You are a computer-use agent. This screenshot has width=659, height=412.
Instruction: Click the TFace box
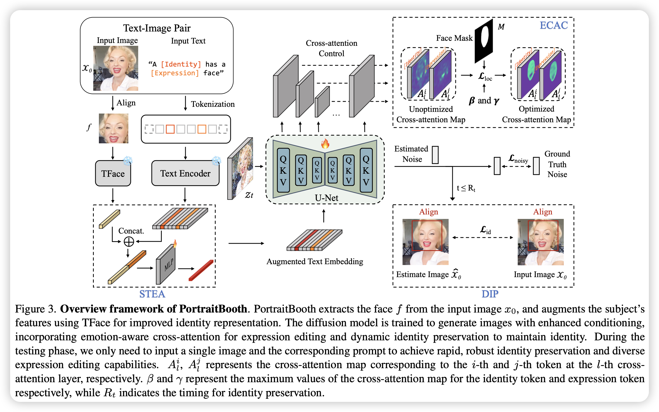(113, 173)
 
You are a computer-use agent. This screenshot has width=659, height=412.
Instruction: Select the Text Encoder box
(185, 173)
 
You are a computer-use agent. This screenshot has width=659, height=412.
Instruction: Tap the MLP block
(166, 264)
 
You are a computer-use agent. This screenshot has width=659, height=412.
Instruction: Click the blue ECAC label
(554, 25)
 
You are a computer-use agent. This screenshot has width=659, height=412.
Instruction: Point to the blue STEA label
(152, 294)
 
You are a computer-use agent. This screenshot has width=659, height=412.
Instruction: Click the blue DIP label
(490, 294)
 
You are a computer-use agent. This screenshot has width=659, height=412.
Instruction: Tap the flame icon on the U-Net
(325, 144)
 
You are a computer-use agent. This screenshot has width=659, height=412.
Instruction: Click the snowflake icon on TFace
(128, 161)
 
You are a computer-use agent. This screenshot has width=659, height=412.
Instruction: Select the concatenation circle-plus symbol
(129, 241)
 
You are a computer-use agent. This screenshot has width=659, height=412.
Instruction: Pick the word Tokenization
(213, 104)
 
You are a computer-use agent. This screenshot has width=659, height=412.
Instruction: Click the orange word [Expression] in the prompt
(175, 73)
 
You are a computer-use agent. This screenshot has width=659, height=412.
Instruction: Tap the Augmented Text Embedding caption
(315, 261)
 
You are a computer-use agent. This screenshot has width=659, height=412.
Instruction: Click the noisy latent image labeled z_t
(240, 169)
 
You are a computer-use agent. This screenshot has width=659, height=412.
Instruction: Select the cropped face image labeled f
(113, 128)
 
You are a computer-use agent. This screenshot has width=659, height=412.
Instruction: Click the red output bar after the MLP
(201, 270)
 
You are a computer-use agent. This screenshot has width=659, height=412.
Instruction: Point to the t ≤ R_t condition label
(466, 188)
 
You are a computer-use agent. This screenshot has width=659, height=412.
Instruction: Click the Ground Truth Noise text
(557, 164)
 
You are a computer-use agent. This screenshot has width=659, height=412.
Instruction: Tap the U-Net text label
(326, 198)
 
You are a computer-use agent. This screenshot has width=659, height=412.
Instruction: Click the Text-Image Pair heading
(157, 28)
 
